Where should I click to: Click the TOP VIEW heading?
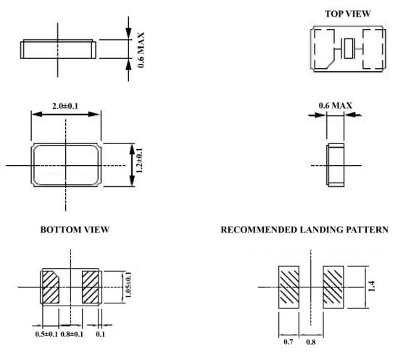coord(348,14)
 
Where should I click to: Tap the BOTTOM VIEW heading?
coord(75,230)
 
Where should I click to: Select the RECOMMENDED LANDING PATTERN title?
coord(304,230)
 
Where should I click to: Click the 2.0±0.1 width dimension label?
coord(65,106)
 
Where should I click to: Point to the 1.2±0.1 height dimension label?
coord(139,160)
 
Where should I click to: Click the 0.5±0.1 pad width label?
coord(46,334)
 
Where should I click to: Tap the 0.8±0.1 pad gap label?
coord(72,334)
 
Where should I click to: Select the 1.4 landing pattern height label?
coord(371,286)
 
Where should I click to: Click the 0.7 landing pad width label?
coord(289,342)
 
